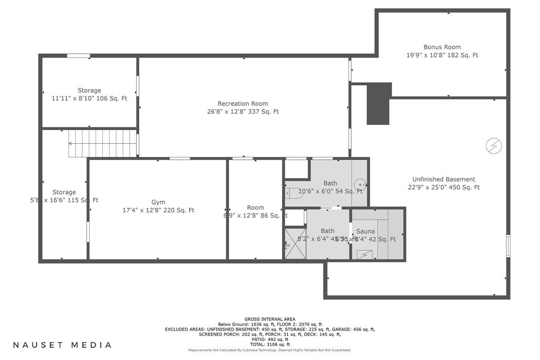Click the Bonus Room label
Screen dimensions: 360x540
click(x=442, y=47)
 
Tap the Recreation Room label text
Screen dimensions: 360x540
click(x=243, y=103)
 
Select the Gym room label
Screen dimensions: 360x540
click(x=158, y=202)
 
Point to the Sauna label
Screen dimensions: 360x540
click(x=365, y=231)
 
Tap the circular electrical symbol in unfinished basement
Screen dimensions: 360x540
click(x=494, y=144)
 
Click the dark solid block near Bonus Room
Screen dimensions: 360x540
click(x=379, y=103)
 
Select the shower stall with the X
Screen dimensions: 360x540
click(x=295, y=243)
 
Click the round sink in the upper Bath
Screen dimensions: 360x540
click(x=360, y=184)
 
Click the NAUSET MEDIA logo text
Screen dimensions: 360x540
click(x=62, y=345)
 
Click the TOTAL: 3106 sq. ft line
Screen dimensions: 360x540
click(x=269, y=344)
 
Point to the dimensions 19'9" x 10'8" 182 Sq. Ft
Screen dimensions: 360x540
click(x=442, y=55)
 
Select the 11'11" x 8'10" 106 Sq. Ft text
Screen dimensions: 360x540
click(x=89, y=99)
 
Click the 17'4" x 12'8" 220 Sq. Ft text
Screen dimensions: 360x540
click(x=158, y=210)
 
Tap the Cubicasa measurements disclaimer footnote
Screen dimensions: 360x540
click(x=269, y=350)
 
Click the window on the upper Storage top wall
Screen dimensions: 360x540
click(x=78, y=56)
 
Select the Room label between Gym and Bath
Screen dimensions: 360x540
click(x=255, y=207)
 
